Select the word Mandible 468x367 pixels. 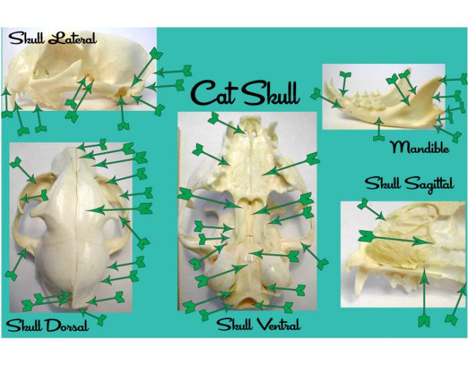pos(419,147)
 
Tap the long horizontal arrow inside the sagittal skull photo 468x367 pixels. pos(394,238)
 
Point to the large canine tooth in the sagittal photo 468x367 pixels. pos(366,284)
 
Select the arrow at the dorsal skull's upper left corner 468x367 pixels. pos(23,170)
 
